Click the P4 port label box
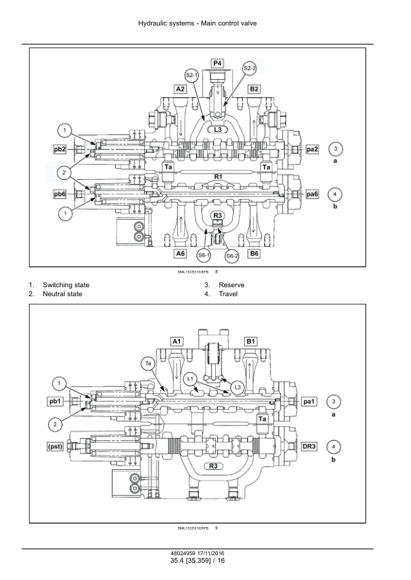217,63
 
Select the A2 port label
180,89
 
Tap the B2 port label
254,89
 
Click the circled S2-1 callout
192,76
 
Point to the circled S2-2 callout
250,68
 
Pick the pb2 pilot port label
59,149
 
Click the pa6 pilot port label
312,194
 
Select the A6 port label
180,253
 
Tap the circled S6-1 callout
203,256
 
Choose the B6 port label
254,253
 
